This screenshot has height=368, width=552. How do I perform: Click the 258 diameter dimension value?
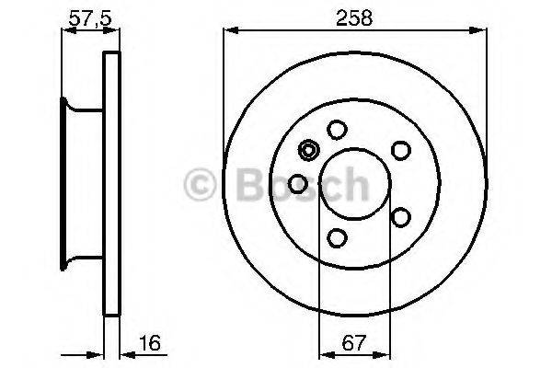pyautogui.click(x=354, y=17)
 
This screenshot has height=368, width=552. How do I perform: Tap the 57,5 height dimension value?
pyautogui.click(x=86, y=17)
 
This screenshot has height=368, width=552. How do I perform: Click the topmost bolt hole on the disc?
pyautogui.click(x=338, y=131)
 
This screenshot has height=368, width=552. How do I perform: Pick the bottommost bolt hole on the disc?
pyautogui.click(x=338, y=239)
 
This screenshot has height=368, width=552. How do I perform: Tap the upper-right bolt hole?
pyautogui.click(x=400, y=149)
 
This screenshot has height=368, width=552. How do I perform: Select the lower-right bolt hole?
pyautogui.click(x=400, y=217)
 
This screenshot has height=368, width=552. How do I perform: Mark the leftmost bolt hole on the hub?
pyautogui.click(x=297, y=184)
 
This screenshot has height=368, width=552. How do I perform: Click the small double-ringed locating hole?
pyautogui.click(x=309, y=151)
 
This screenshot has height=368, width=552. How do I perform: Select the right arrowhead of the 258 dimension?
pyautogui.click(x=479, y=31)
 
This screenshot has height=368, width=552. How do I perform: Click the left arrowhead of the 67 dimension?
pyautogui.click(x=323, y=353)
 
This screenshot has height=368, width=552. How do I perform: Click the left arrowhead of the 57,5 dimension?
pyautogui.click(x=66, y=31)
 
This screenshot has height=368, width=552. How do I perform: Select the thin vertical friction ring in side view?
pyautogui.click(x=112, y=184)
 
